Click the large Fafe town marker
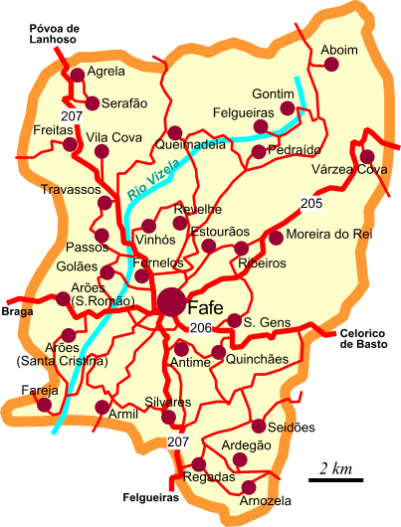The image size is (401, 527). tap(171, 301)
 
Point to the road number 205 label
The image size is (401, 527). tap(311, 204)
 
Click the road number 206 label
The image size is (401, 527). tap(201, 328)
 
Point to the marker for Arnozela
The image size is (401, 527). tap(248, 486)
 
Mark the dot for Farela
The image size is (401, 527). tap(44, 404)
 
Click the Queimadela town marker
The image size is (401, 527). tap(175, 132)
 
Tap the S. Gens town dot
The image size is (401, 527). tap(235, 320)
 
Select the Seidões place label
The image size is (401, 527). tap(293, 428)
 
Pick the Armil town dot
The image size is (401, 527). tap(100, 407)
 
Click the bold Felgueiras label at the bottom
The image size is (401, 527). tap(150, 495)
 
